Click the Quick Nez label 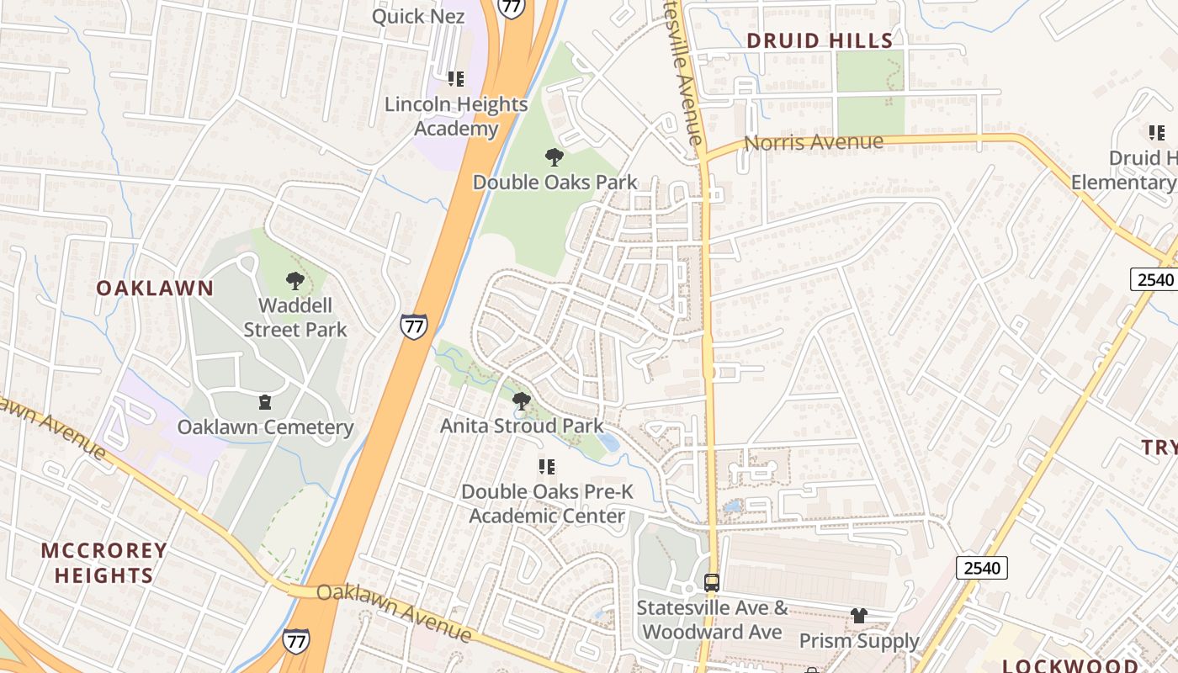coord(418,16)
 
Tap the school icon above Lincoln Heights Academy coord(455,79)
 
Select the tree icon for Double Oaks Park coord(554,156)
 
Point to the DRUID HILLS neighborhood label coord(820,40)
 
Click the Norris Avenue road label coord(814,142)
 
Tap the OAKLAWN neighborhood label coord(155,288)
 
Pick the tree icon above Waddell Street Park coord(294,280)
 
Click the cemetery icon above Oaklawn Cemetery coord(265,402)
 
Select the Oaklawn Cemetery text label coord(265,427)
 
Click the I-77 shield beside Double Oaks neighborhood coord(413,326)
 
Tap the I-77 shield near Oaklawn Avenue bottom coord(295,641)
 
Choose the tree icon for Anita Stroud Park coord(522,400)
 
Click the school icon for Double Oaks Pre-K coord(547,466)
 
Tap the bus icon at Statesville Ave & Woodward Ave coord(712,582)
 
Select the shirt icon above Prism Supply coord(858,616)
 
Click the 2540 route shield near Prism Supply coord(981,568)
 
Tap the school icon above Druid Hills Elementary coord(1157,133)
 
